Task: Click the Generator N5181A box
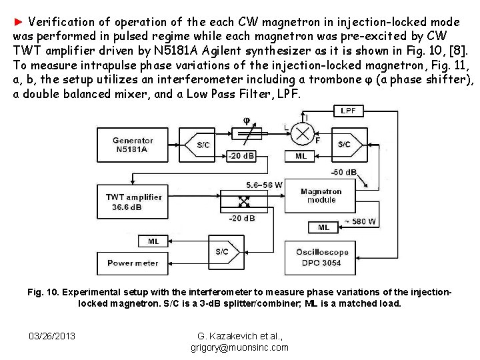(x=133, y=145)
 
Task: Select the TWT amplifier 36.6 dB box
(x=133, y=201)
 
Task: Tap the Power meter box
(x=133, y=263)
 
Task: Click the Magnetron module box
(x=321, y=195)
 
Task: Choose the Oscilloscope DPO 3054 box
(x=322, y=257)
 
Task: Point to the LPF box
(x=347, y=111)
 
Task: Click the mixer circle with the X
(x=302, y=134)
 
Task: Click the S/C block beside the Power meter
(x=223, y=252)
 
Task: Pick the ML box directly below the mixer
(x=301, y=156)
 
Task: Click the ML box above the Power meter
(x=153, y=241)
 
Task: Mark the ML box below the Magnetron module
(x=323, y=227)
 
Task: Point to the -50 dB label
(x=344, y=172)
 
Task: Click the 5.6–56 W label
(x=264, y=185)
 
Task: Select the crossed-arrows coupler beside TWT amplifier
(x=245, y=201)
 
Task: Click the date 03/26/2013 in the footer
(x=52, y=336)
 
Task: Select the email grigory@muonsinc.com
(x=239, y=347)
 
